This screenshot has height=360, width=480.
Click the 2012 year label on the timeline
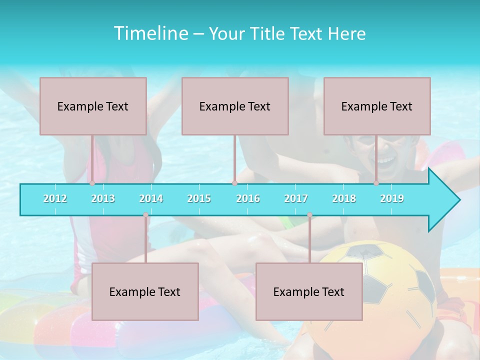click(55, 198)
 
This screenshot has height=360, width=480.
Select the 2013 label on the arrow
click(103, 198)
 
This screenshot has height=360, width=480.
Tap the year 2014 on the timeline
click(151, 198)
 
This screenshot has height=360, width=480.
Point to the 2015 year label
click(199, 198)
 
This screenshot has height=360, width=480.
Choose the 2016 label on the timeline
click(248, 198)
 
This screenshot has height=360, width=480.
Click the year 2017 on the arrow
click(296, 198)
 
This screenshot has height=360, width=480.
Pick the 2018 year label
click(344, 198)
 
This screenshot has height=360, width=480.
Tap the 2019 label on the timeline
click(392, 198)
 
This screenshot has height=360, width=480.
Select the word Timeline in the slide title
click(150, 33)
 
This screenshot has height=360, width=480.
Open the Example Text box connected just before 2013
click(93, 106)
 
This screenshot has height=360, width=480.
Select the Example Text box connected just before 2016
click(235, 106)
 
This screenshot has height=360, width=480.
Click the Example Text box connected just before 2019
click(377, 106)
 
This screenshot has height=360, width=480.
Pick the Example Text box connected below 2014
click(145, 291)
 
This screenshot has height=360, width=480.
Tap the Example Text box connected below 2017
click(309, 291)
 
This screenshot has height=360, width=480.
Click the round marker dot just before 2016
click(234, 183)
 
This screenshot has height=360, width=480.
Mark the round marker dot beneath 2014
click(145, 215)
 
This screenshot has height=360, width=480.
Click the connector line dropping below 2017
click(309, 240)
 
